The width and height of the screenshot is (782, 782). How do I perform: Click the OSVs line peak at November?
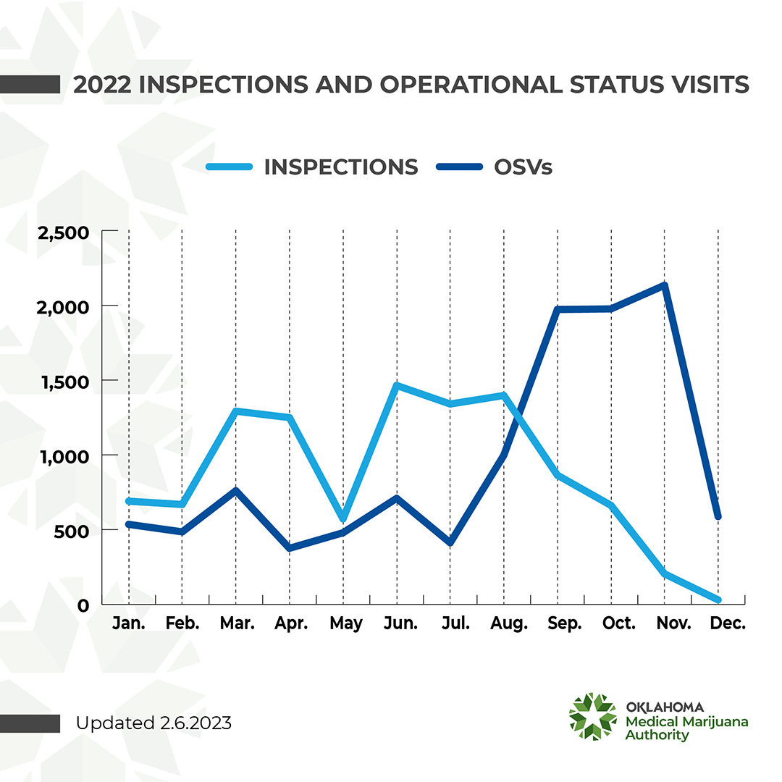[664, 285]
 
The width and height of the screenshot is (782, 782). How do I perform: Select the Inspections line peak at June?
[396, 385]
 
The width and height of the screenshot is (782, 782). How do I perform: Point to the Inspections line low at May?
[342, 518]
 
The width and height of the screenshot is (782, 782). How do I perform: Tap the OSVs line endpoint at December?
[718, 516]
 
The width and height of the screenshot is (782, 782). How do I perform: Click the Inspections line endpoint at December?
[718, 600]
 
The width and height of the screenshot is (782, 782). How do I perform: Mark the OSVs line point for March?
[236, 490]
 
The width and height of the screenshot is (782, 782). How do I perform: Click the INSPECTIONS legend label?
[340, 167]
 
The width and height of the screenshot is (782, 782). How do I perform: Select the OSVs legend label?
[523, 167]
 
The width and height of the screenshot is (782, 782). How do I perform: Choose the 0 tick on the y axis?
[84, 605]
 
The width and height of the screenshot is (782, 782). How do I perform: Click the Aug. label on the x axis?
[510, 624]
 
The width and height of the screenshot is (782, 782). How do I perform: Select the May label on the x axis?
[345, 624]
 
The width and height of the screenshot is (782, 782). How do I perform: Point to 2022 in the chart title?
[101, 85]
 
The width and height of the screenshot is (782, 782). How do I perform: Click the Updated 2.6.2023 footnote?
[154, 723]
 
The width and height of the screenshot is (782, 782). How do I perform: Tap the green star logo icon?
[592, 717]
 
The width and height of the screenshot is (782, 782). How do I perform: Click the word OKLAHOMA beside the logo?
[663, 707]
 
